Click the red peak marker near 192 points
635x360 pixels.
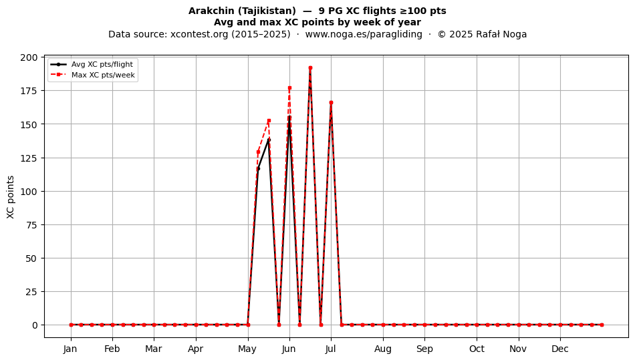310,68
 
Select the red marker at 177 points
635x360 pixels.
289,87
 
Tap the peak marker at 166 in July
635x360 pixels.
331,103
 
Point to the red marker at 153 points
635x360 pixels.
269,120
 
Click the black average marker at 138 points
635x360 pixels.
269,140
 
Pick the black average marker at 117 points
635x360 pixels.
259,168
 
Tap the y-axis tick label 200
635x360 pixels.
29,57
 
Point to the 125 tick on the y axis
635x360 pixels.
29,158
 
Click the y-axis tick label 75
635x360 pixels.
31,225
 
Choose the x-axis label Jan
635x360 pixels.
70,349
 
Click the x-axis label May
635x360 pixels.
247,349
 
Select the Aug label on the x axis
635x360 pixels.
383,349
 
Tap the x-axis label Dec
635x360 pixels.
560,349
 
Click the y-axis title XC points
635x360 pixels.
11,197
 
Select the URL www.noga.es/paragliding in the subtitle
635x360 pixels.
364,34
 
